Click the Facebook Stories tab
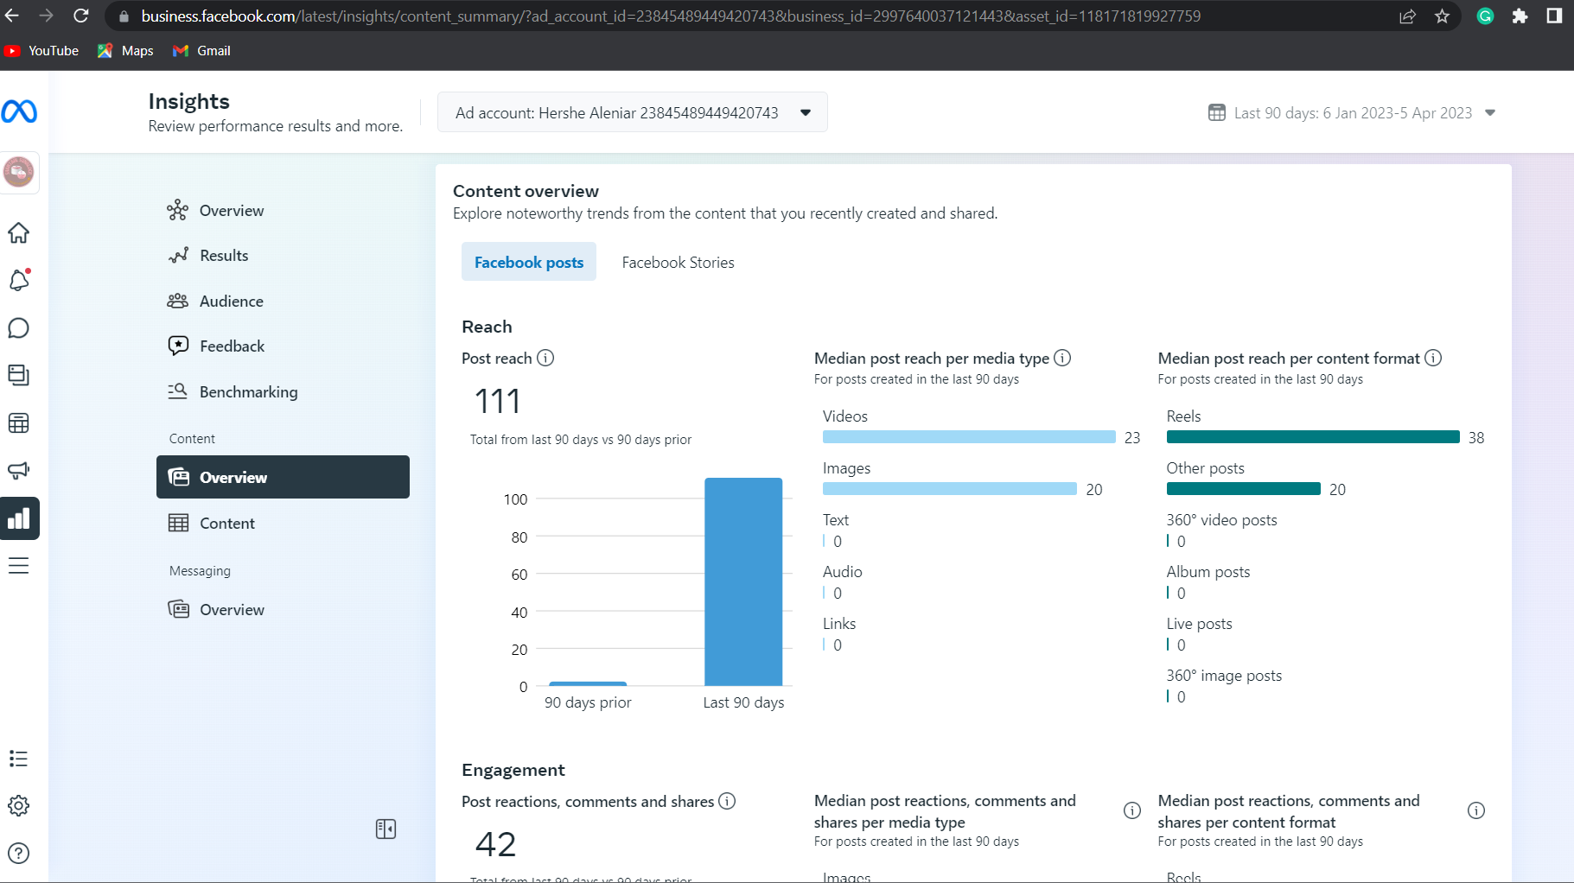678,263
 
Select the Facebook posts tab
529,263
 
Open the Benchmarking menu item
248,392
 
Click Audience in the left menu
231,302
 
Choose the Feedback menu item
232,346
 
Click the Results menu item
224,256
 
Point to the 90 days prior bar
588,683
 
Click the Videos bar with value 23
969,437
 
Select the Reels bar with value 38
1312,437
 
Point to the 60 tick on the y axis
519,575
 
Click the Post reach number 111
498,401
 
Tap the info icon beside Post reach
545,358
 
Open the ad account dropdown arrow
806,113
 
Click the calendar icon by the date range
1216,113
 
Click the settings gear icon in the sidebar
18,806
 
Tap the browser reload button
80,16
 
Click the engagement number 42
496,844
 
